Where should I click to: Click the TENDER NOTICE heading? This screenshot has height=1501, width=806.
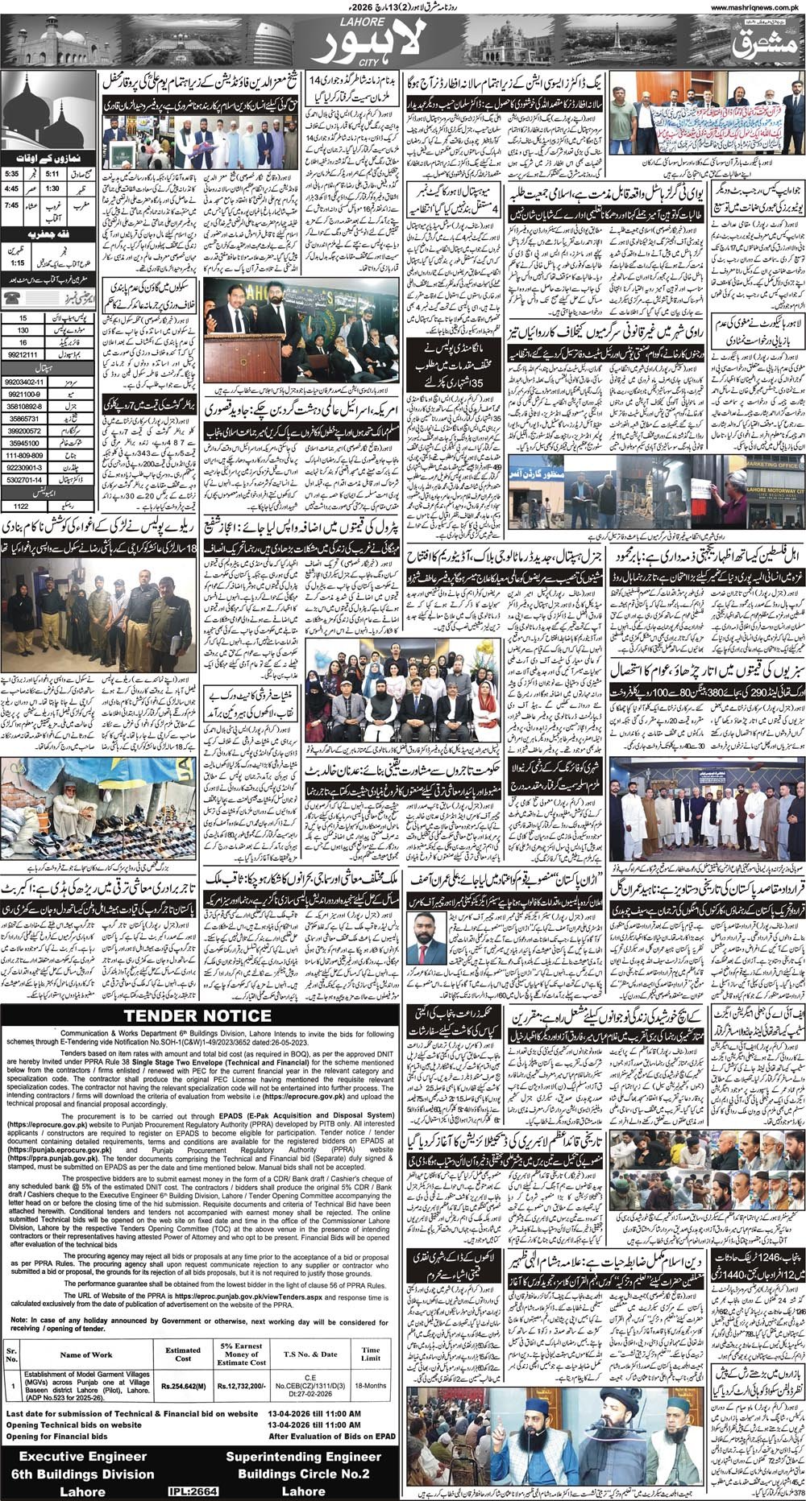pyautogui.click(x=197, y=1015)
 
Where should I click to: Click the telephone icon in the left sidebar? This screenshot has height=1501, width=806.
pyautogui.click(x=15, y=296)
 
